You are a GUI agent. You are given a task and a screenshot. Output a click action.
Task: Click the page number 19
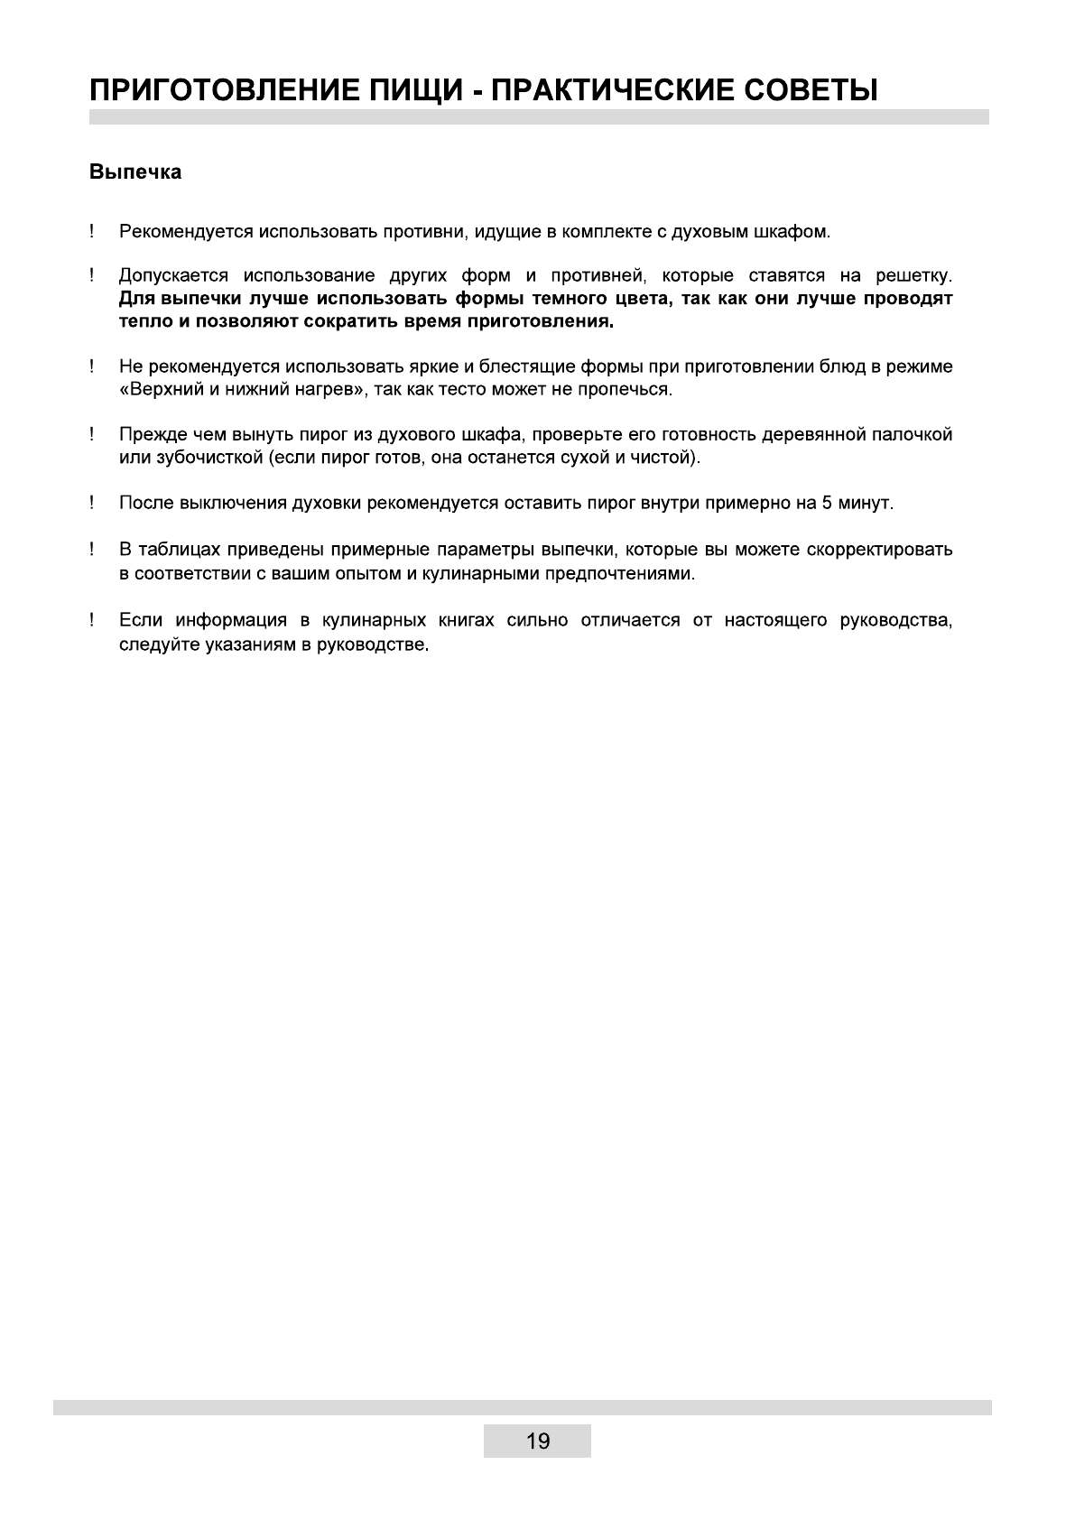pyautogui.click(x=537, y=1441)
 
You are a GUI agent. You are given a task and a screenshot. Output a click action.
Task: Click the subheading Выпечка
pyautogui.click(x=135, y=172)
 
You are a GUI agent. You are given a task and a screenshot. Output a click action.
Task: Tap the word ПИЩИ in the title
pyautogui.click(x=415, y=90)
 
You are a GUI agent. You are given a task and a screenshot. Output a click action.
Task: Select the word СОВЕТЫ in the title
pyautogui.click(x=810, y=90)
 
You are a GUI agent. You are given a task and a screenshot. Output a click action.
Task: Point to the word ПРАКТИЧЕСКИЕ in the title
pyautogui.click(x=610, y=90)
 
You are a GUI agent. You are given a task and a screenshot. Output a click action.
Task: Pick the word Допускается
pyautogui.click(x=171, y=275)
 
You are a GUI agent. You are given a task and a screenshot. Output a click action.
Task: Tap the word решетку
pyautogui.click(x=913, y=275)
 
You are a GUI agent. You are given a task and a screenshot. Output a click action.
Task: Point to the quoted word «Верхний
pyautogui.click(x=163, y=390)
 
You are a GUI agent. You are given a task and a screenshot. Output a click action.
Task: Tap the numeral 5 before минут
pyautogui.click(x=827, y=503)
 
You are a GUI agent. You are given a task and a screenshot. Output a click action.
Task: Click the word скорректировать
pyautogui.click(x=873, y=550)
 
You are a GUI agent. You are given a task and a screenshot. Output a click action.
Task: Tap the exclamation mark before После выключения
pyautogui.click(x=93, y=503)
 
